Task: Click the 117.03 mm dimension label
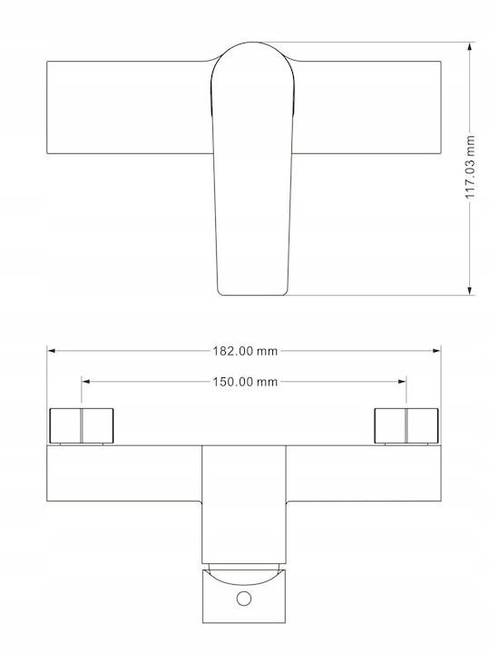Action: coord(470,167)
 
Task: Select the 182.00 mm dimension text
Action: coord(245,351)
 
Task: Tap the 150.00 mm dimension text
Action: coord(245,382)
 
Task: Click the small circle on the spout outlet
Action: coord(244,599)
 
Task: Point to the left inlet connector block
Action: coord(82,426)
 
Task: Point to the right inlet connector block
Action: coord(407,426)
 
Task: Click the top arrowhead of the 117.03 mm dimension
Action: coord(470,46)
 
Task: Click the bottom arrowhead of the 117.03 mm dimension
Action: coord(470,291)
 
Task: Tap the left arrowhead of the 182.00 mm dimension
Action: coord(51,351)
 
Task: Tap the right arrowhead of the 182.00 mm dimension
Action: coord(436,351)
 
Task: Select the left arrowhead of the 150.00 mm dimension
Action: coord(86,382)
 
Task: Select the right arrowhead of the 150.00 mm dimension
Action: coord(402,382)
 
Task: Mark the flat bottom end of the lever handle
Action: coord(252,295)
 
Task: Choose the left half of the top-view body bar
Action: coord(129,107)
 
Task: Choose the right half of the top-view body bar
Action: coord(367,107)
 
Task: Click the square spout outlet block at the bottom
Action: coord(244,597)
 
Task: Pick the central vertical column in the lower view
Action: coord(244,504)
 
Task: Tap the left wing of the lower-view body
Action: coord(124,473)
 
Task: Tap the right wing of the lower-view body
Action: coord(364,473)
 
